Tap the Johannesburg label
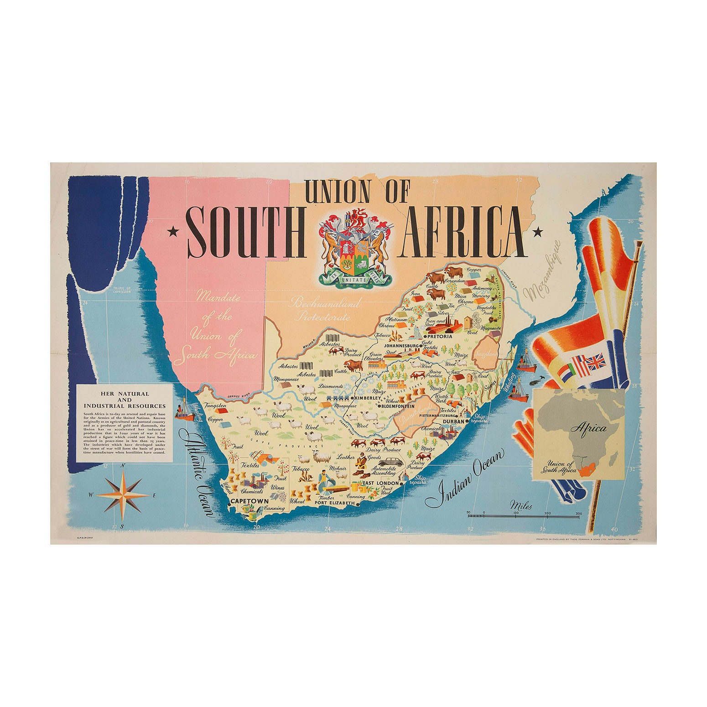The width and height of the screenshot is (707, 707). pos(402,346)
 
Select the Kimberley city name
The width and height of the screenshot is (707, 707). pos(365,398)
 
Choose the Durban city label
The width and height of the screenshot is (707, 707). pos(453,422)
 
